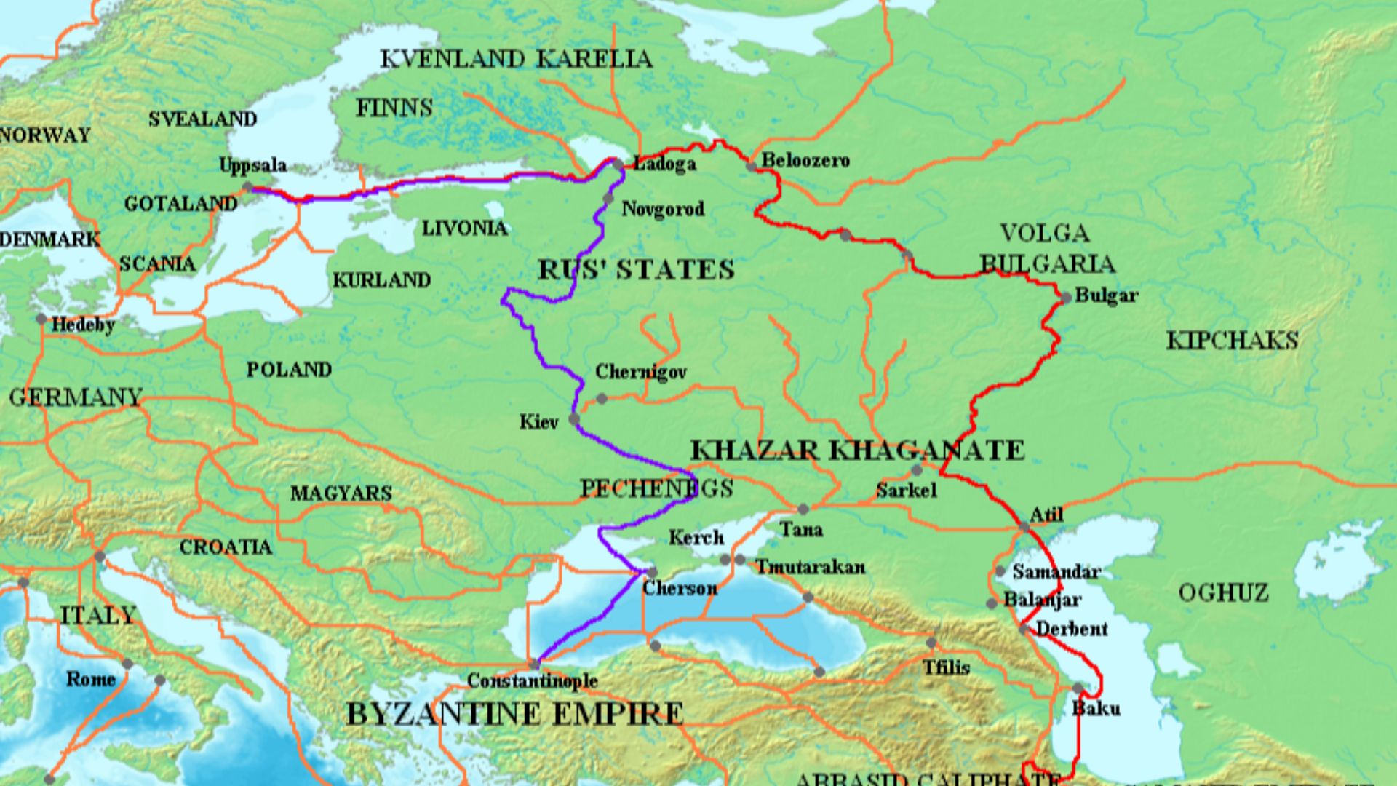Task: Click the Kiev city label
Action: pyautogui.click(x=538, y=422)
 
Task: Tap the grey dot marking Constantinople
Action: pyautogui.click(x=535, y=664)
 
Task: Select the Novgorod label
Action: pyautogui.click(x=662, y=210)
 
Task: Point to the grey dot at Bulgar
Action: pyautogui.click(x=1066, y=298)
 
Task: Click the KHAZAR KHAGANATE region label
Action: pyautogui.click(x=857, y=450)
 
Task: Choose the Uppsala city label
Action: pyautogui.click(x=252, y=166)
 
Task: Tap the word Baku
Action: pyautogui.click(x=1096, y=708)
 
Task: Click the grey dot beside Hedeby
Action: pyautogui.click(x=41, y=319)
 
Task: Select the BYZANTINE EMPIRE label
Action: pyautogui.click(x=514, y=714)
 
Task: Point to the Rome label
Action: pyautogui.click(x=91, y=680)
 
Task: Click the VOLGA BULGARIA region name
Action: pyautogui.click(x=1046, y=248)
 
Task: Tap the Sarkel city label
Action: pyautogui.click(x=906, y=491)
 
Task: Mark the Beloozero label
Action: pyautogui.click(x=805, y=160)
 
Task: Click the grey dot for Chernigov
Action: pyautogui.click(x=602, y=399)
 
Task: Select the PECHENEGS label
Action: pyautogui.click(x=656, y=488)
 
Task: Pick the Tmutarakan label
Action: pyautogui.click(x=810, y=567)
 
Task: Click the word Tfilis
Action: pyautogui.click(x=946, y=667)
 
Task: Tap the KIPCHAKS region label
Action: pyautogui.click(x=1232, y=341)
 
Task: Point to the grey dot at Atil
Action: pyautogui.click(x=1024, y=526)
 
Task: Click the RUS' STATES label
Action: pyautogui.click(x=636, y=270)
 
